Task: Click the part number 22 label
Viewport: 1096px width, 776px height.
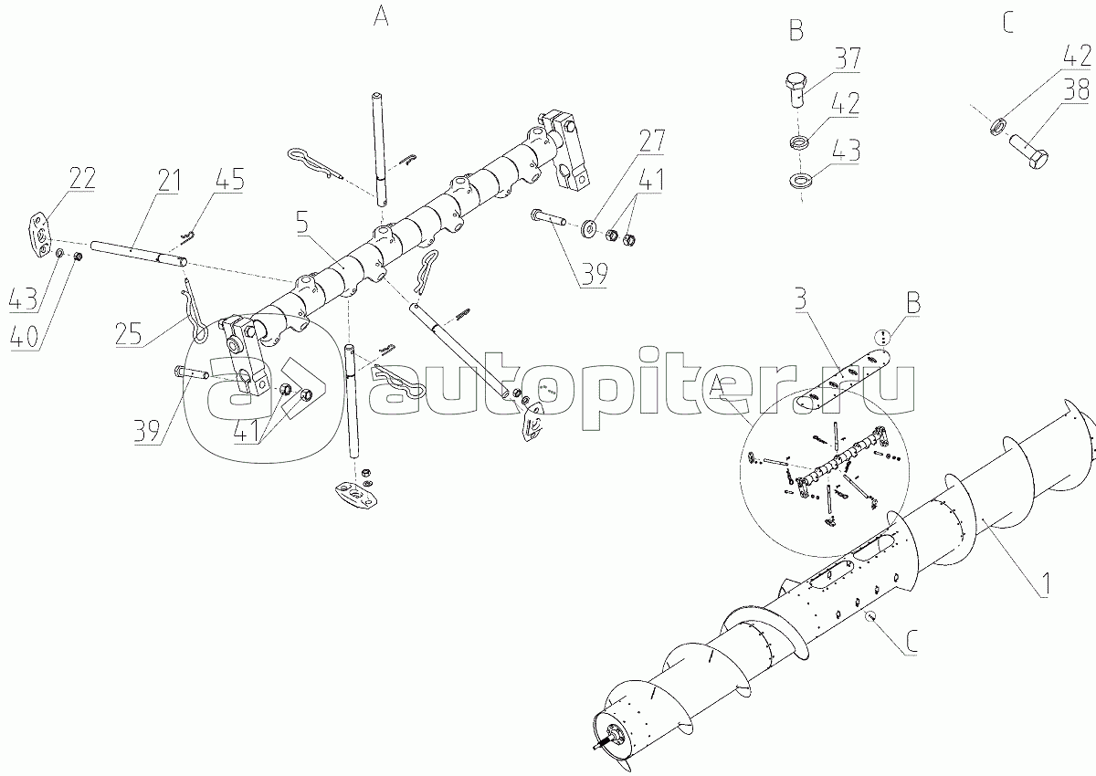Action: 82,179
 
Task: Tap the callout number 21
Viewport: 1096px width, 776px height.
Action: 169,181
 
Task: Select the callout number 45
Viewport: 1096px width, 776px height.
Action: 230,178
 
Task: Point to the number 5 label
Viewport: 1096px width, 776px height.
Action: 303,223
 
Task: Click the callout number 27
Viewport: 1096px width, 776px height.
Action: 651,142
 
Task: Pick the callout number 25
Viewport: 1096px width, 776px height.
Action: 129,334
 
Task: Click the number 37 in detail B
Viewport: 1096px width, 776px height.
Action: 847,58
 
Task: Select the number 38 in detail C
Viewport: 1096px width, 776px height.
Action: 1077,90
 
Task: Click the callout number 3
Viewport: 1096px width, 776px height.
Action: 800,299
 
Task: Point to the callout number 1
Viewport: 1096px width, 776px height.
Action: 1044,585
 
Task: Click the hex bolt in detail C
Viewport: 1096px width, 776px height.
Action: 1028,152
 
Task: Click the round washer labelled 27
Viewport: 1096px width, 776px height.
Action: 589,229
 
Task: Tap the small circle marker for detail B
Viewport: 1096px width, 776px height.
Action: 882,336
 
